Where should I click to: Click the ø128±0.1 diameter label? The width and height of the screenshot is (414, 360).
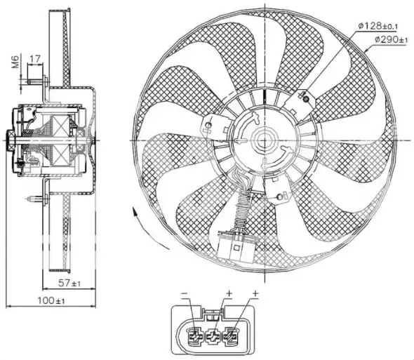click(377, 26)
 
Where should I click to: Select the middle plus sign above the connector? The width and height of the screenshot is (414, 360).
click(229, 292)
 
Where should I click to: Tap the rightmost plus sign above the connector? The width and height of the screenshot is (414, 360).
click(255, 292)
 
